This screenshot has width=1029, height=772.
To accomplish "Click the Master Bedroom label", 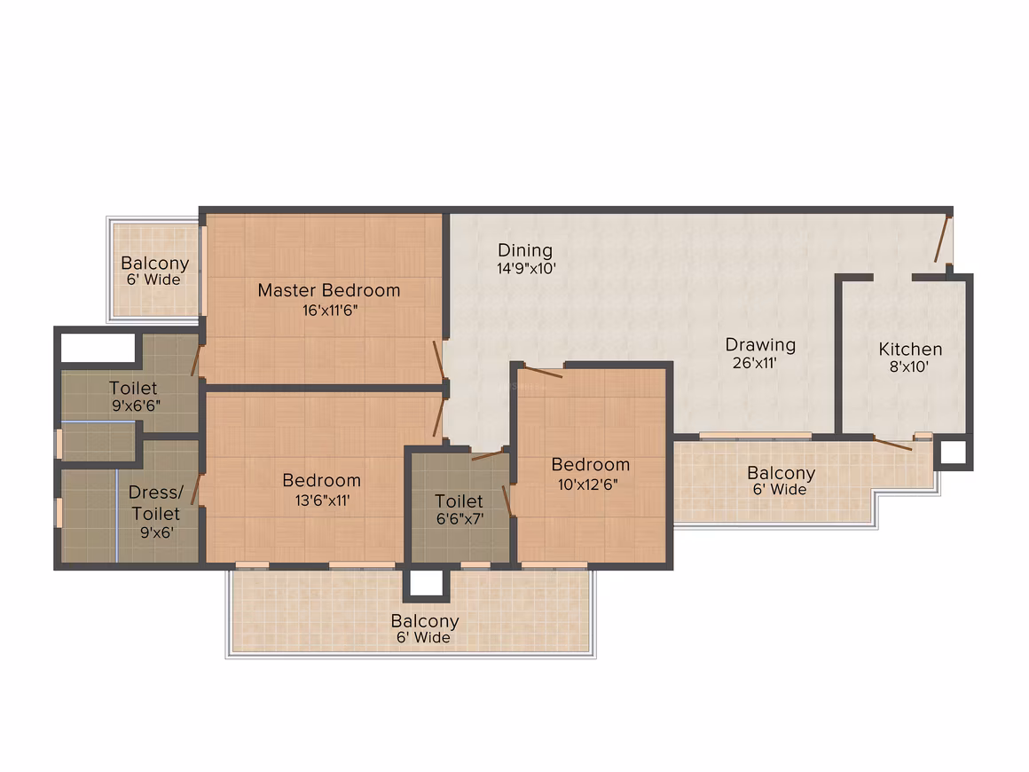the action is (x=329, y=290).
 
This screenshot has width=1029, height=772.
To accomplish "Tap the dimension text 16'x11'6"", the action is (x=329, y=311).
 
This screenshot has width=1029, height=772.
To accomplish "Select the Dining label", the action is (x=525, y=251).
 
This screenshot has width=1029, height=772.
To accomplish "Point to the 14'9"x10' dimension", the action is (x=526, y=269).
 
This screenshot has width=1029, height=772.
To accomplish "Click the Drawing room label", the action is (x=760, y=345).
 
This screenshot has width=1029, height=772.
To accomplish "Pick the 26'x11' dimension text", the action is (x=755, y=363).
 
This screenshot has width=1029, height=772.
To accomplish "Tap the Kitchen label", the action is (x=910, y=350).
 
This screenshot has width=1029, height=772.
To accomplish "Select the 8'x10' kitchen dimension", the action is (x=909, y=367).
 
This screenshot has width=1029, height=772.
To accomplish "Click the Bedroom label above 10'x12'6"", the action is (x=591, y=465).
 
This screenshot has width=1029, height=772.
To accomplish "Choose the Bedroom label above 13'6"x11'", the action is (x=321, y=481).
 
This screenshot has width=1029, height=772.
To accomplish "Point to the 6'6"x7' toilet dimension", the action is (x=460, y=519).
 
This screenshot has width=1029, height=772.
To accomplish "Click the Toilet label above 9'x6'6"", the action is (x=133, y=388).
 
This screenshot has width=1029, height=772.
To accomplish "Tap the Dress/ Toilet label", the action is (x=155, y=503).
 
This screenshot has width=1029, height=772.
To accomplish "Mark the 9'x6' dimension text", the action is (x=157, y=532).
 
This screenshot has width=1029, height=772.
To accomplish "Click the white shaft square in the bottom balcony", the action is (x=426, y=583).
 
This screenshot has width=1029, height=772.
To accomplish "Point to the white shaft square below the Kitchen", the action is (x=953, y=453).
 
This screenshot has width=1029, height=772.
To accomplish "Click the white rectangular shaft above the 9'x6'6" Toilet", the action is (x=98, y=347).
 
